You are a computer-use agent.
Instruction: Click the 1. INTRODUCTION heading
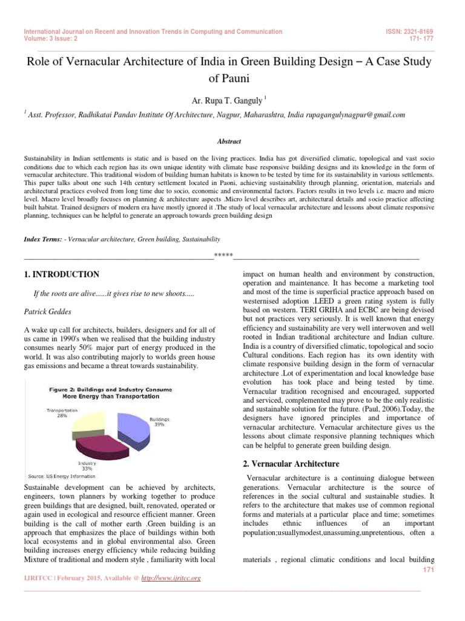point(61,275)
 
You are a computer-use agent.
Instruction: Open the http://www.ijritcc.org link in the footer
point(171,579)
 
